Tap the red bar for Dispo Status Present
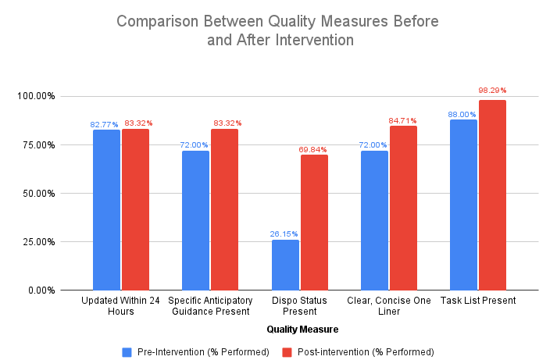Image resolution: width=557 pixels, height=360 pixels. pos(314,222)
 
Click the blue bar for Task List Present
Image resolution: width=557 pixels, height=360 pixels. pos(463,205)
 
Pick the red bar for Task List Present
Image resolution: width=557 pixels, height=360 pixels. pos(493,195)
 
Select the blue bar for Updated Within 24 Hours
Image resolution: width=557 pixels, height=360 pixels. pos(106,209)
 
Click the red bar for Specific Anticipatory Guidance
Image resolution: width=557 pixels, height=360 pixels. pos(225,209)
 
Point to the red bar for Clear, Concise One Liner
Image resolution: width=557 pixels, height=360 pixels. pos(403,208)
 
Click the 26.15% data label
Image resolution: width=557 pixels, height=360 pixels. pos(285,233)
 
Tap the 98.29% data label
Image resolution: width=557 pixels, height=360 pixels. pos(493,91)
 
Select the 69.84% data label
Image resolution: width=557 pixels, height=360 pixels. pos(314,149)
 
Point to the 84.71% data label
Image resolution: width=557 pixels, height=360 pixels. pos(404,120)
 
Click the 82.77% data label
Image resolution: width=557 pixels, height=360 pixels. pos(104,124)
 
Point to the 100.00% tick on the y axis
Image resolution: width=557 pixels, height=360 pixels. pos(34,96)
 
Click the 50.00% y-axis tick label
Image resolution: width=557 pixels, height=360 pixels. pos(37,193)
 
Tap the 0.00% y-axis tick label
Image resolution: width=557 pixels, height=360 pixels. pos(40,290)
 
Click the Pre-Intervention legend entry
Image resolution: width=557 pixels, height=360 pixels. pos(196,351)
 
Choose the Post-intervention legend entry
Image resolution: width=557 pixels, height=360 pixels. pos(359,351)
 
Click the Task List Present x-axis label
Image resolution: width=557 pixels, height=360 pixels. pos(477,300)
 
